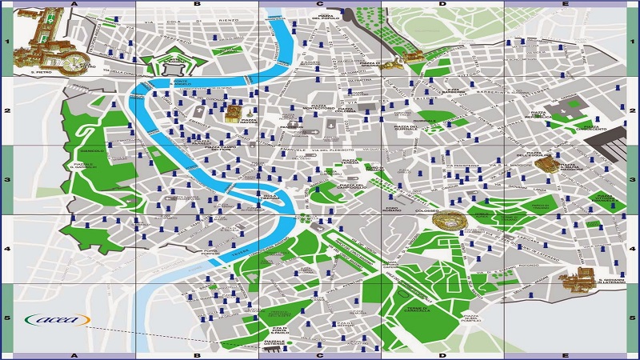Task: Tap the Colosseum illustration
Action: [x=446, y=219]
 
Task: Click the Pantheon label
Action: [x=290, y=126]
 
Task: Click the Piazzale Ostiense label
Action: [x=276, y=344]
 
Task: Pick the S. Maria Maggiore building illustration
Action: [x=548, y=165]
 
